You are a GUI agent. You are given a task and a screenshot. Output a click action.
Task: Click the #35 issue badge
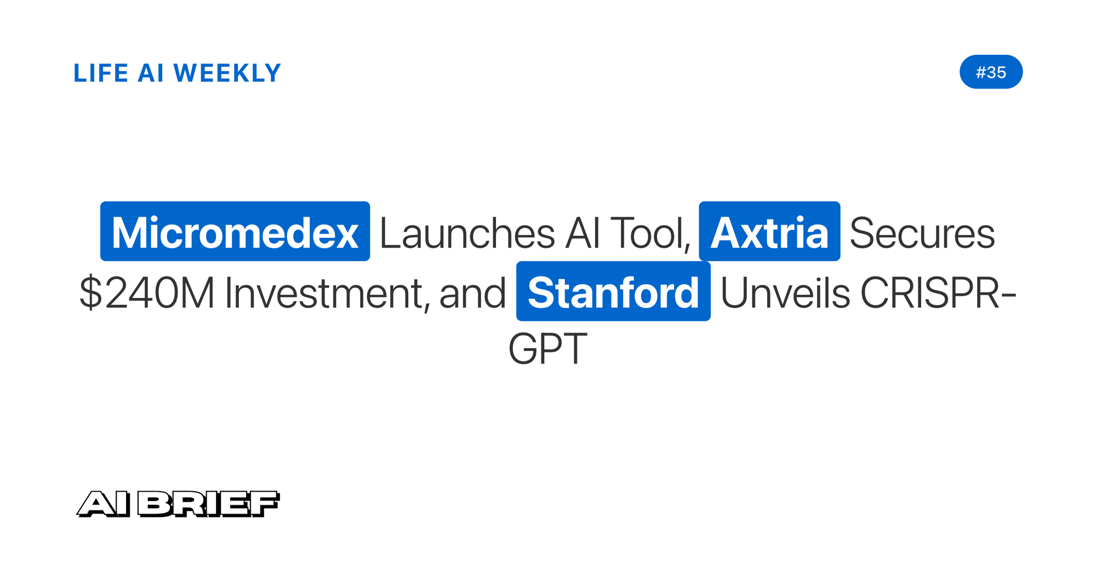click(x=991, y=72)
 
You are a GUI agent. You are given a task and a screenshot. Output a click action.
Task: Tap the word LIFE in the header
click(x=101, y=73)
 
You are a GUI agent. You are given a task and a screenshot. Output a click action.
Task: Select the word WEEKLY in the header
click(x=227, y=73)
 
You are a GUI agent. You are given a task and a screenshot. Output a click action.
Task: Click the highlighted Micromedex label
click(x=235, y=231)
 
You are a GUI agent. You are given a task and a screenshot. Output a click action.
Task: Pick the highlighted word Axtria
click(x=769, y=231)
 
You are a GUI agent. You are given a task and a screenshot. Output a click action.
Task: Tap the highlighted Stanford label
click(x=613, y=291)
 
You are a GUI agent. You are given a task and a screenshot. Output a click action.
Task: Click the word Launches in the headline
click(x=467, y=233)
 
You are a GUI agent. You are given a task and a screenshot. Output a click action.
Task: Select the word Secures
click(x=922, y=233)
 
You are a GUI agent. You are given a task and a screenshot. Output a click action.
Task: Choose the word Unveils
click(x=785, y=293)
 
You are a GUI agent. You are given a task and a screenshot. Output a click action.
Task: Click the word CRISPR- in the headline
click(x=938, y=293)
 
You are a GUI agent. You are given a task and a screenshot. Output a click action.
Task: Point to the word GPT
click(x=548, y=349)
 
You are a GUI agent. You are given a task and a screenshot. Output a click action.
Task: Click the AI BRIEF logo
click(x=178, y=504)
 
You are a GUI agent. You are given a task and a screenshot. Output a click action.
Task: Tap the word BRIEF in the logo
click(x=208, y=504)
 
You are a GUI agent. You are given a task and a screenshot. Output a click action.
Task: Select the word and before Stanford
click(x=472, y=293)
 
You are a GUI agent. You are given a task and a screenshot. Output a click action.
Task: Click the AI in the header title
click(x=151, y=73)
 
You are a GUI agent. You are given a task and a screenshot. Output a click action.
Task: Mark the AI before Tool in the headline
click(x=583, y=233)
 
